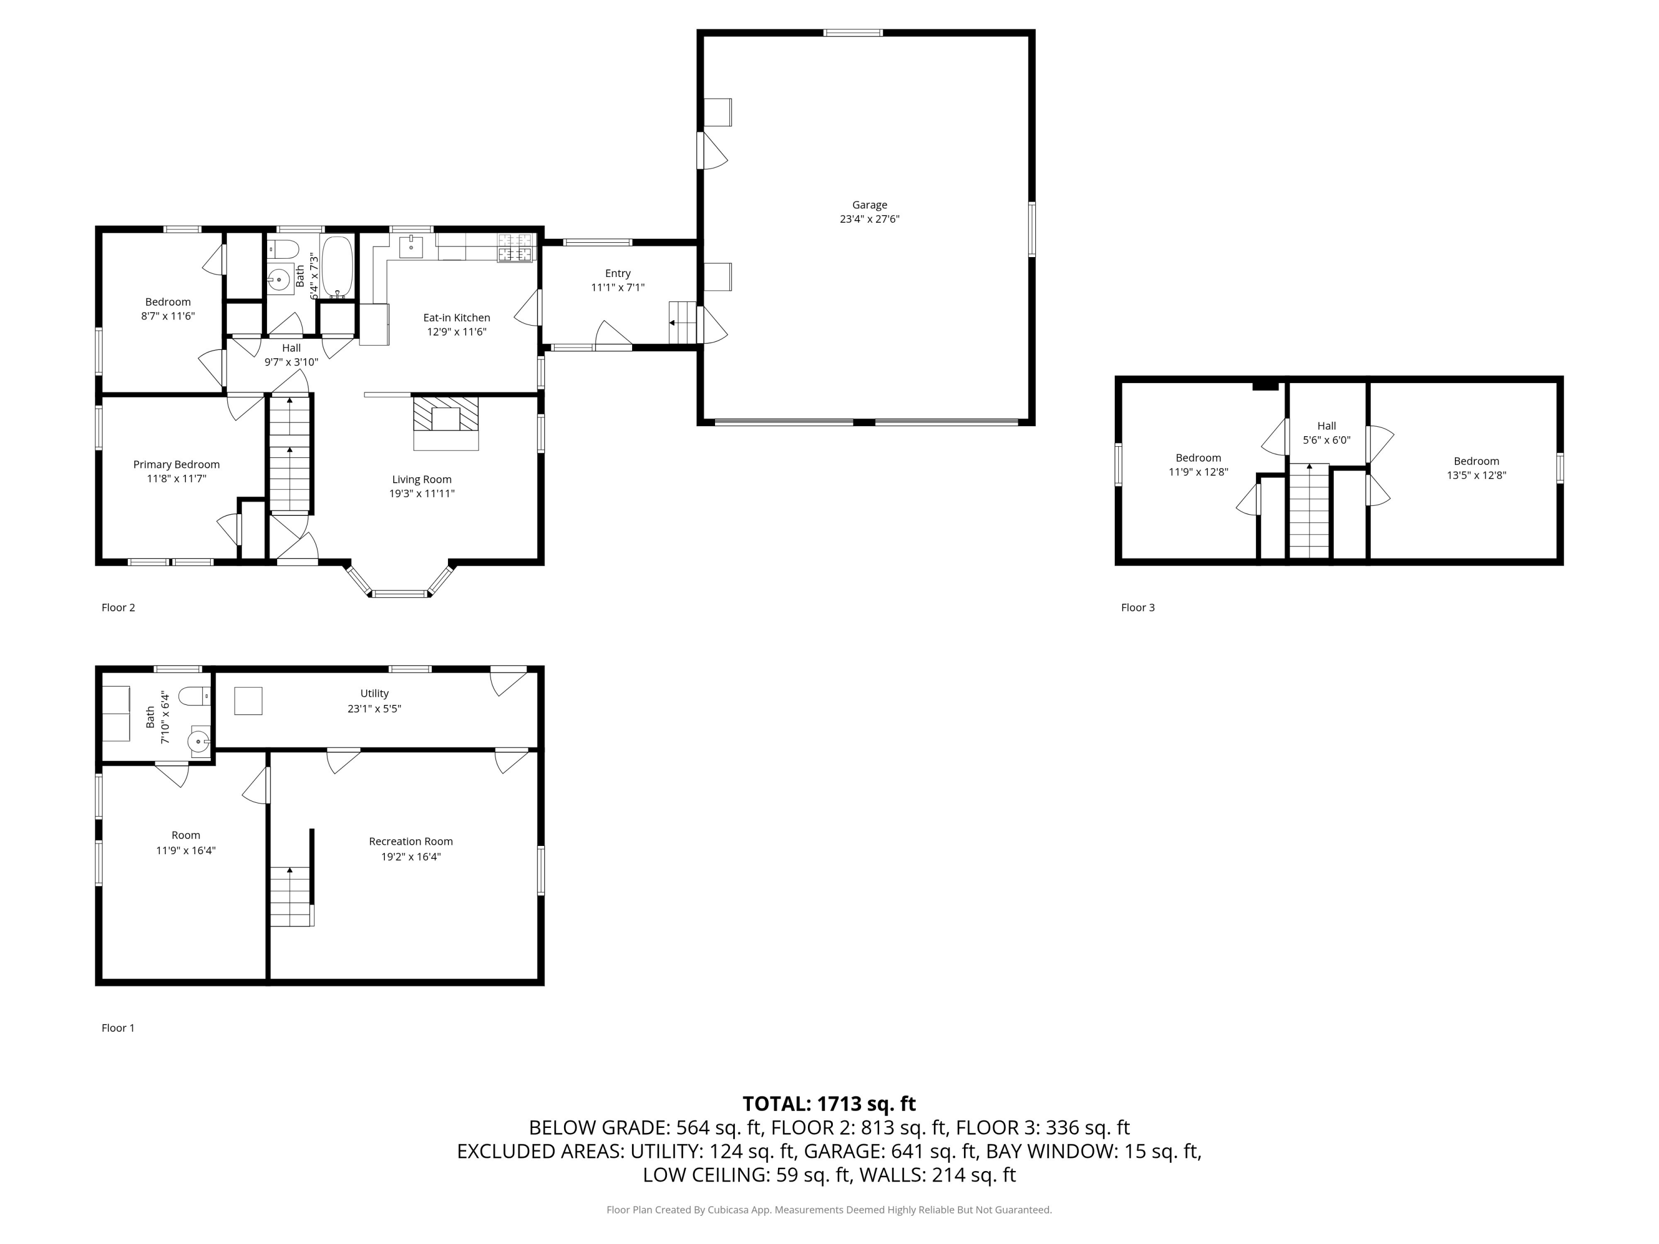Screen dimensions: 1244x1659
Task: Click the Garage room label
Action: pos(869,205)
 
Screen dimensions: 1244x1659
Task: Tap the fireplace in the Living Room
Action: pos(446,419)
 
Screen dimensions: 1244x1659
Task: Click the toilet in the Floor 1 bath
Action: pos(198,697)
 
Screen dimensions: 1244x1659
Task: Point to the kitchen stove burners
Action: pos(515,248)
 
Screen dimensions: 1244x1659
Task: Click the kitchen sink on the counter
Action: pos(411,247)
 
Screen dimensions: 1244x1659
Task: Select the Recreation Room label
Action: pos(410,841)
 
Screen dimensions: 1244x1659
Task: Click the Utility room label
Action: pos(374,694)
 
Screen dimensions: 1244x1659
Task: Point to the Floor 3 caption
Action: pos(1137,608)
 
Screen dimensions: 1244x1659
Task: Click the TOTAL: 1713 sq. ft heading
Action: pos(829,1104)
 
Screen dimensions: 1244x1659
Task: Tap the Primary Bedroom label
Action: pos(176,464)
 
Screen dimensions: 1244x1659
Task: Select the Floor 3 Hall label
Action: pos(1326,426)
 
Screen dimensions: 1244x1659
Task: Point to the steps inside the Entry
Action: pos(682,322)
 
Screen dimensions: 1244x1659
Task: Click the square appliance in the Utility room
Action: pos(248,701)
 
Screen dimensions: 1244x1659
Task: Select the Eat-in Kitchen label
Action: pos(456,318)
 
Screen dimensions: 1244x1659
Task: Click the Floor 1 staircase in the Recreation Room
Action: pos(291,896)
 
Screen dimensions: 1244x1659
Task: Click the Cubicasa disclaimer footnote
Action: pos(829,1210)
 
